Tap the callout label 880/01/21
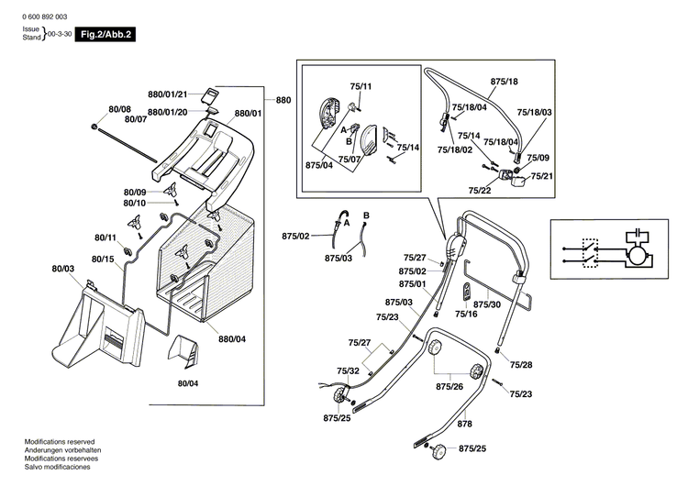pyautogui.click(x=167, y=94)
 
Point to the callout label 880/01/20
pyautogui.click(x=167, y=112)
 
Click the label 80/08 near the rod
pyautogui.click(x=119, y=109)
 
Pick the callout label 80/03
pyautogui.click(x=62, y=268)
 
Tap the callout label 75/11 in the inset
pyautogui.click(x=361, y=85)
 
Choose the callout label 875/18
pyautogui.click(x=505, y=82)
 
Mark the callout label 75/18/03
pyautogui.click(x=534, y=112)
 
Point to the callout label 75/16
pyautogui.click(x=466, y=315)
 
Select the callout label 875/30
pyautogui.click(x=487, y=304)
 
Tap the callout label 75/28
pyautogui.click(x=521, y=365)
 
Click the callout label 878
pyautogui.click(x=465, y=425)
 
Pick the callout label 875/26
pyautogui.click(x=449, y=386)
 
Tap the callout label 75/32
pyautogui.click(x=348, y=370)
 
